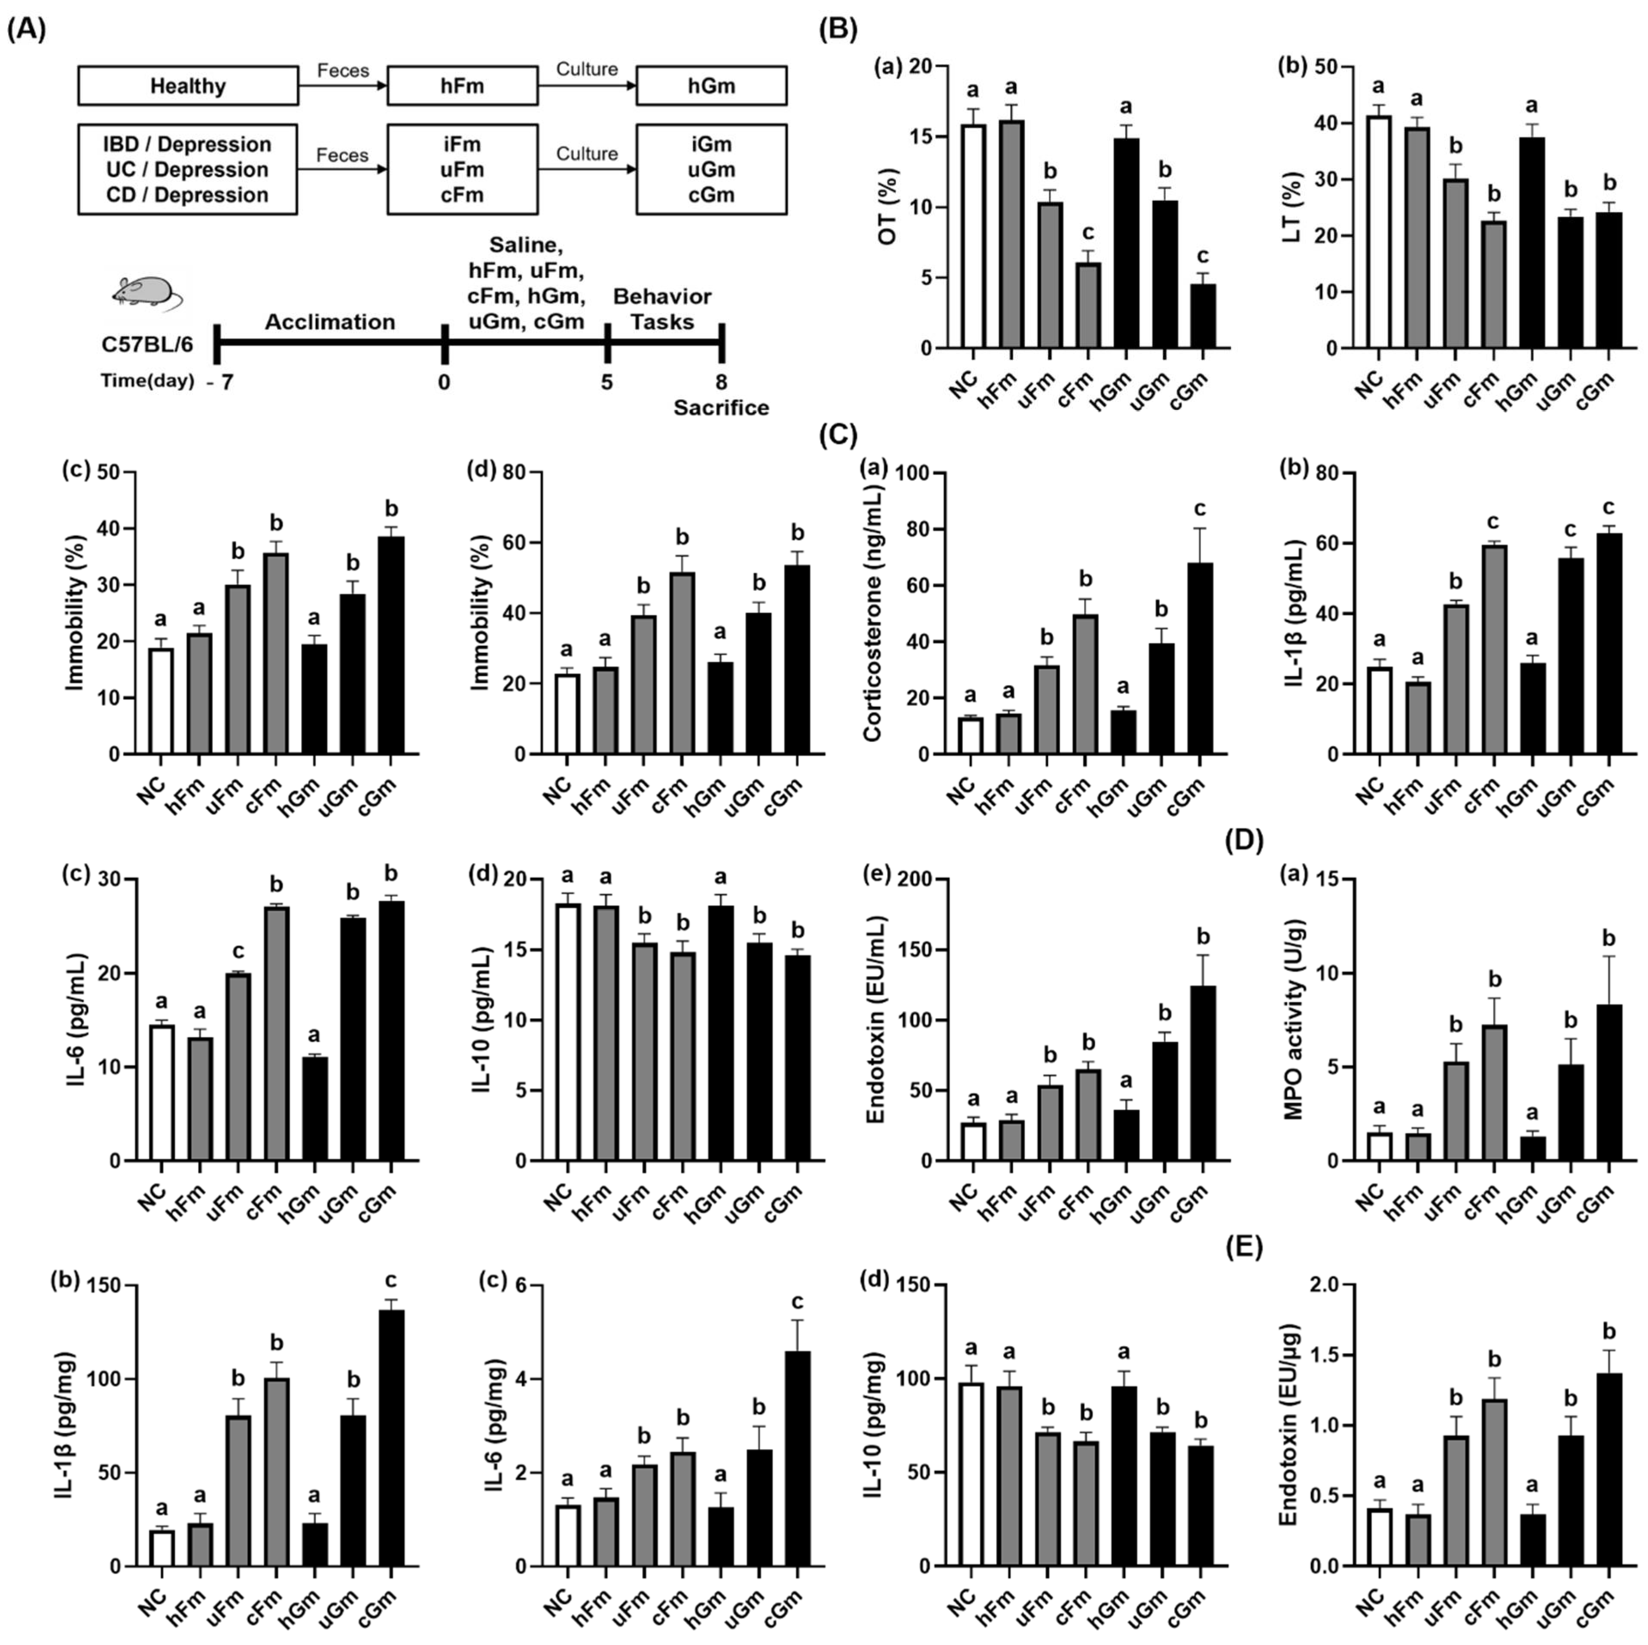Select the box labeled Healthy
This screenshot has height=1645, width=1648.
(x=188, y=86)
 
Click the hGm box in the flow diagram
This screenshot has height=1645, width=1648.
(x=711, y=86)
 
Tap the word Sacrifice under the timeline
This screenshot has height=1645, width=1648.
(x=721, y=407)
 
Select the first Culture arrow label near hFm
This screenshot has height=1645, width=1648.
(x=587, y=69)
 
